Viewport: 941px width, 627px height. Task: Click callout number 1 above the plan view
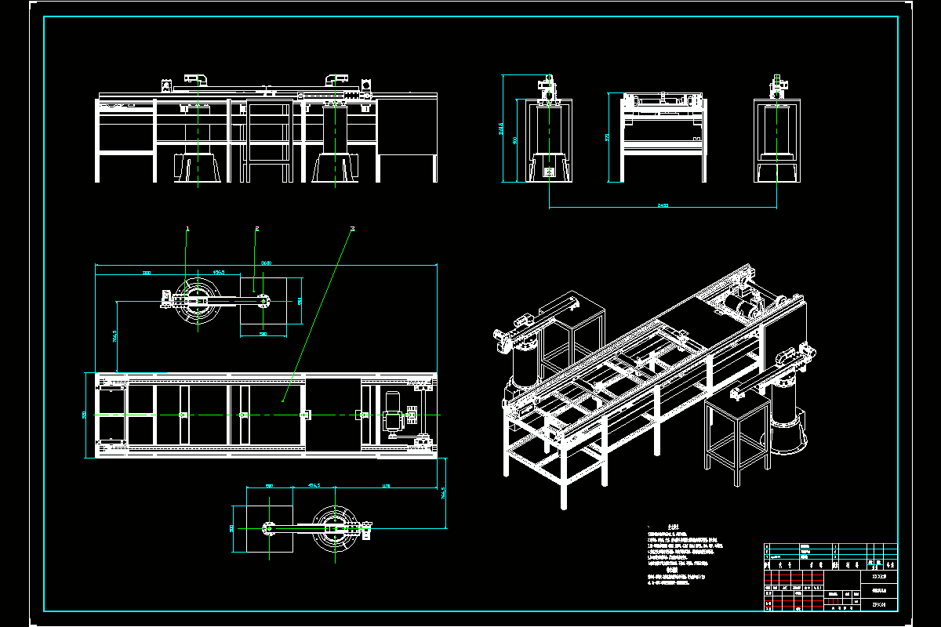pos(187,229)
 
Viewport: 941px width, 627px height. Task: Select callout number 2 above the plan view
pos(256,229)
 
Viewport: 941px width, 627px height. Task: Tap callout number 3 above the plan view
pos(353,229)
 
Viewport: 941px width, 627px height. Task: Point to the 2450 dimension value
pos(663,205)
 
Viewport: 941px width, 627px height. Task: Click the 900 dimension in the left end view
pos(514,140)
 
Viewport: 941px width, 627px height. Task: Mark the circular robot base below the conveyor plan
pos(336,530)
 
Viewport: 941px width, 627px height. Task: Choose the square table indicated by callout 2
pos(271,302)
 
